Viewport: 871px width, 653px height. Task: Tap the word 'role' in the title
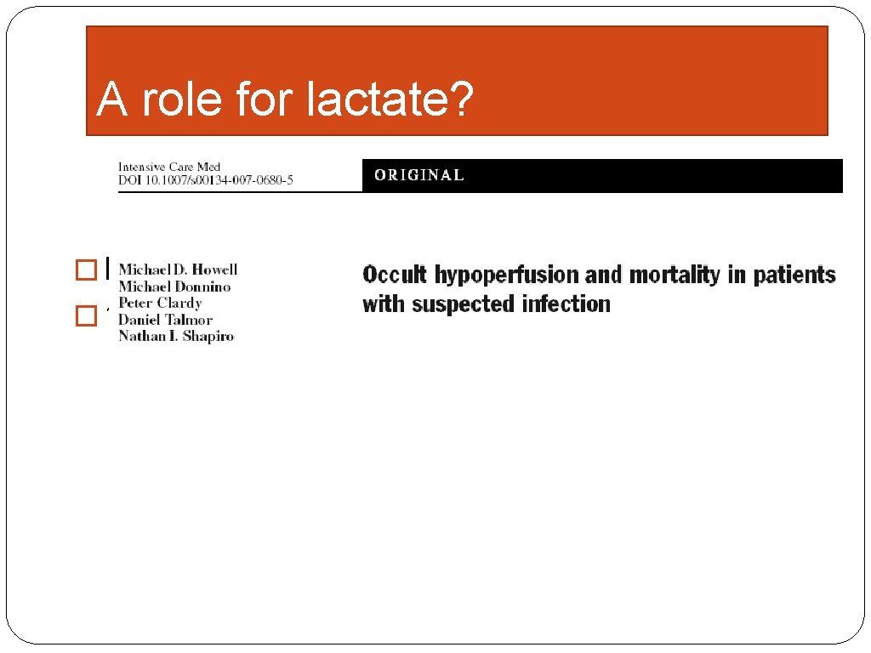click(184, 99)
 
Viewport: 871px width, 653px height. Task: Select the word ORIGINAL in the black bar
click(419, 175)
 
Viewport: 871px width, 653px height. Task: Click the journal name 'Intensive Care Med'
click(169, 167)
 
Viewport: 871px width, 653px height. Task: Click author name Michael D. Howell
click(178, 270)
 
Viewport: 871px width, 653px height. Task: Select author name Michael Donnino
click(174, 287)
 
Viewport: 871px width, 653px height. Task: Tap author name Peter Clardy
click(160, 303)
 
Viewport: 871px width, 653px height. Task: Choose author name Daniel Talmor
click(165, 320)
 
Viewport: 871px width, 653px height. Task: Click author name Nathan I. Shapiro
click(175, 336)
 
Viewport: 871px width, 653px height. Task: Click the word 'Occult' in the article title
click(395, 275)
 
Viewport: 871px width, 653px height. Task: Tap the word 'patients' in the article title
click(794, 275)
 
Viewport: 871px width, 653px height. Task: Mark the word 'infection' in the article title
click(566, 304)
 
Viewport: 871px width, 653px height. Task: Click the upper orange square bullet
click(86, 270)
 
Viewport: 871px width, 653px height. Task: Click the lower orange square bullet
click(86, 316)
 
